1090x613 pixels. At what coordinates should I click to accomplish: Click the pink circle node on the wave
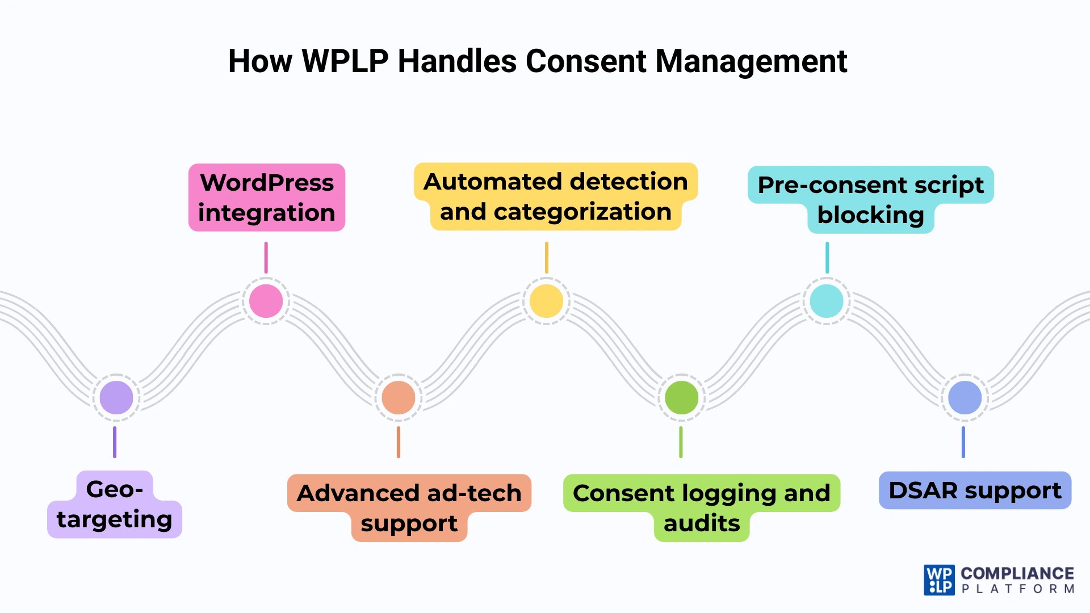point(266,301)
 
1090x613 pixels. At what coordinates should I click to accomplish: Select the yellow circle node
point(546,301)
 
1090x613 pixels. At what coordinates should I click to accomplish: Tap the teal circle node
point(827,301)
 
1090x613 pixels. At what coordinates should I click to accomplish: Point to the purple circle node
point(116,397)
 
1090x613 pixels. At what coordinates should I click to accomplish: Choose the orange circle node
point(399,397)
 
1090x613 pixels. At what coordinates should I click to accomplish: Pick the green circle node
point(681,397)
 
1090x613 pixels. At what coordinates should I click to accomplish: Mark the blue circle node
point(965,397)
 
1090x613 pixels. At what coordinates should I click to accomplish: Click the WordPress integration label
point(267,198)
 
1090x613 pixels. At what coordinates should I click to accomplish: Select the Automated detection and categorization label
point(555,196)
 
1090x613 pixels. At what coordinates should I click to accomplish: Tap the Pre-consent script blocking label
point(870,199)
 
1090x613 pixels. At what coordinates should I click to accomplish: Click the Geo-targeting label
point(115,505)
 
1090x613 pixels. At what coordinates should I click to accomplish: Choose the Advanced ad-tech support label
point(409,507)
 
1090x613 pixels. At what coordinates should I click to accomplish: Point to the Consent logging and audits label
point(702,507)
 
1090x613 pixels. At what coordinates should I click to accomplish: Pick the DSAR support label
point(975,490)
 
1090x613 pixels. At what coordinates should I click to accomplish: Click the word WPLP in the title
point(345,61)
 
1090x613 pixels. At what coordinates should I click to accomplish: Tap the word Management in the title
point(751,61)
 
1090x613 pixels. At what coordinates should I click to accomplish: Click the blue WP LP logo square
point(939,580)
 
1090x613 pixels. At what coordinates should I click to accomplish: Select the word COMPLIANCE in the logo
point(1017,573)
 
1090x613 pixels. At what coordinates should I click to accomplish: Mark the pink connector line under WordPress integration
point(266,258)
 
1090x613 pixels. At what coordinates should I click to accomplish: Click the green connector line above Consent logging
point(681,442)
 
